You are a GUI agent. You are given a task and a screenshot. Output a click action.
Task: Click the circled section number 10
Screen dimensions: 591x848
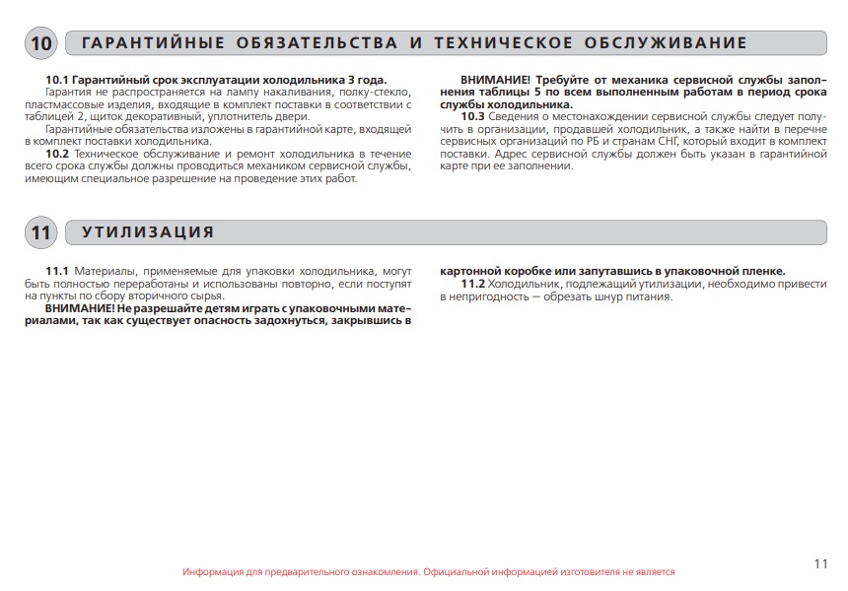pyautogui.click(x=41, y=43)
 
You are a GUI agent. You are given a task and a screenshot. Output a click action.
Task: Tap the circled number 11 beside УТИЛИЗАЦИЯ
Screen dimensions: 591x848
pyautogui.click(x=41, y=232)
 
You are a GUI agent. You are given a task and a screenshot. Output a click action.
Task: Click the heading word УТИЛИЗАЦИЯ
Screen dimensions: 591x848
pyautogui.click(x=148, y=232)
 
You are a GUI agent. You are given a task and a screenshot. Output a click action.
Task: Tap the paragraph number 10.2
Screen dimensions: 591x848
pyautogui.click(x=57, y=155)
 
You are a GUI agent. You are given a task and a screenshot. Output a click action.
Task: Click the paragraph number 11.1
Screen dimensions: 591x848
pyautogui.click(x=57, y=271)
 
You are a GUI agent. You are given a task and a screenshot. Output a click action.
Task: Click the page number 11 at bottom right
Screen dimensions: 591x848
pyautogui.click(x=821, y=563)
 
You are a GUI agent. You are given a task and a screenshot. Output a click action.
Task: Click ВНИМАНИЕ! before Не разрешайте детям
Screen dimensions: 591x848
pyautogui.click(x=80, y=308)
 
